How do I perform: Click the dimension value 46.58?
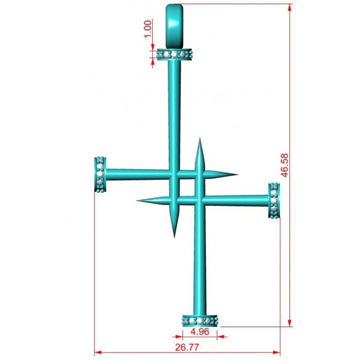click(285, 165)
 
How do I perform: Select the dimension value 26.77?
click(187, 347)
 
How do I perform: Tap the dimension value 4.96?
click(200, 332)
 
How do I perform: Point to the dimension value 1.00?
click(148, 29)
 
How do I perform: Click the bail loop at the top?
click(174, 26)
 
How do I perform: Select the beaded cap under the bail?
click(174, 55)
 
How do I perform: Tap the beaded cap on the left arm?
click(100, 174)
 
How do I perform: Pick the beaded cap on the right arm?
click(274, 200)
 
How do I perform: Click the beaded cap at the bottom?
click(200, 321)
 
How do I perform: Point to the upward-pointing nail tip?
click(200, 138)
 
